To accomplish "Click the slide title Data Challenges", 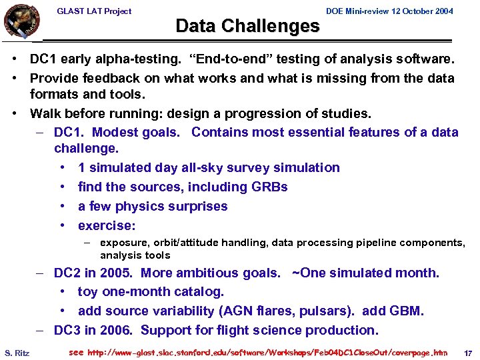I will click(247, 26).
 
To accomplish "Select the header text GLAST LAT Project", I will click(94, 11).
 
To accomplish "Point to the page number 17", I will click(467, 352).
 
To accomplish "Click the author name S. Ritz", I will click(17, 352).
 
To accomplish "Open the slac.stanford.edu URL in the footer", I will click(267, 352).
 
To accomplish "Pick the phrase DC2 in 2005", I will click(93, 273).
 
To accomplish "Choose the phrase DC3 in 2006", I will click(93, 330).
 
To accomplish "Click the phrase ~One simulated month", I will click(366, 273).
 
